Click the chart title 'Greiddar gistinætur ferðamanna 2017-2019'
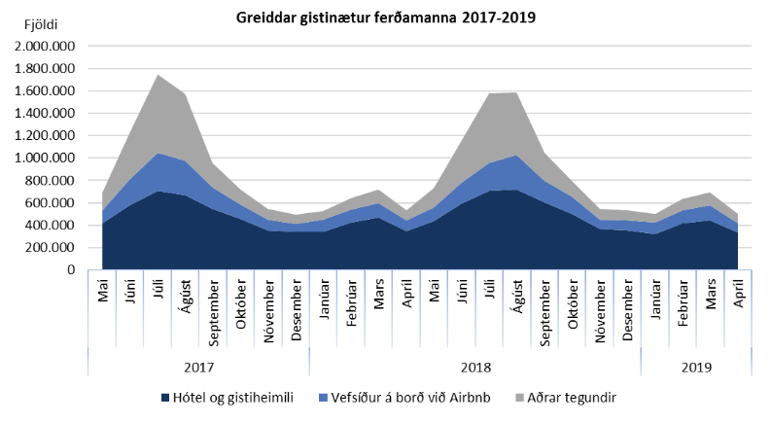[385, 18]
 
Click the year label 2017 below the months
[198, 368]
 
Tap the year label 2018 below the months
[474, 368]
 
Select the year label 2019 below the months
[695, 368]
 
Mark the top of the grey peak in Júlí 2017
[158, 75]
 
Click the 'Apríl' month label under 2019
[739, 294]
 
